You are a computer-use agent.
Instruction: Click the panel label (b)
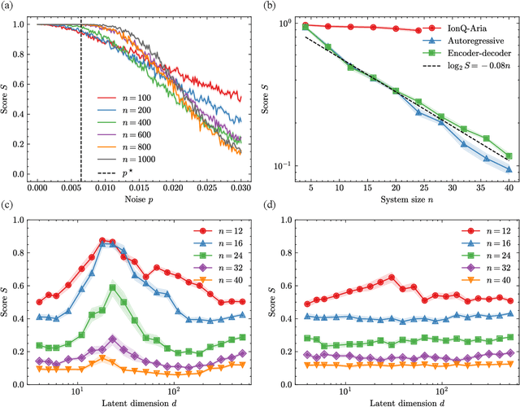pyautogui.click(x=275, y=7)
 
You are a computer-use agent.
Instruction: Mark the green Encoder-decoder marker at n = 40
pyautogui.click(x=508, y=155)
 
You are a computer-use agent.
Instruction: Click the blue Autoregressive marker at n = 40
pyautogui.click(x=508, y=169)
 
